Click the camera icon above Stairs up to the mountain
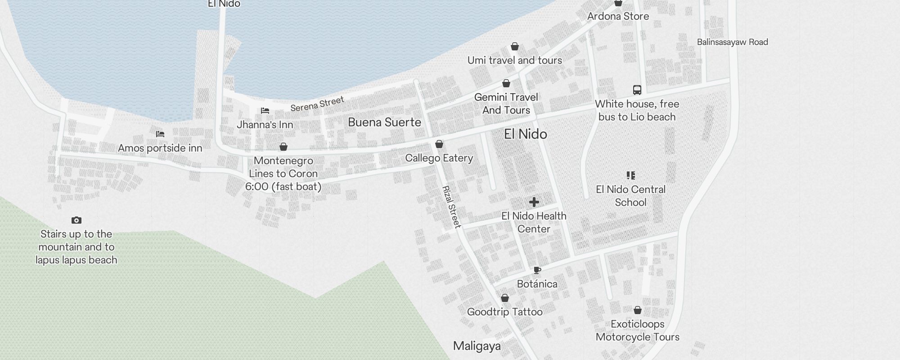(x=76, y=220)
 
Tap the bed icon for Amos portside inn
(x=160, y=134)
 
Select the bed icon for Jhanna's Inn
(x=265, y=111)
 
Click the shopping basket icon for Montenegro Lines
(x=283, y=147)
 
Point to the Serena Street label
(x=317, y=104)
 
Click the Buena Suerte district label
(x=384, y=122)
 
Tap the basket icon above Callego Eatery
(x=439, y=144)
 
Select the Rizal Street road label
(x=451, y=207)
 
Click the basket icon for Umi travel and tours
(x=515, y=46)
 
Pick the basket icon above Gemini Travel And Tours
(x=506, y=83)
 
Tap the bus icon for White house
(x=637, y=90)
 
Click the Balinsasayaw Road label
(x=732, y=42)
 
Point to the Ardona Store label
(x=618, y=17)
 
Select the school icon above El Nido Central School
(x=631, y=175)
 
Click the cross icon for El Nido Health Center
(x=534, y=202)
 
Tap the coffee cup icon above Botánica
(x=537, y=270)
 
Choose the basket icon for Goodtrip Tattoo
(x=505, y=298)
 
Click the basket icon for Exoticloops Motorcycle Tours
(x=638, y=310)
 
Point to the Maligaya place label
(x=477, y=346)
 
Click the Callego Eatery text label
(x=439, y=158)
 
